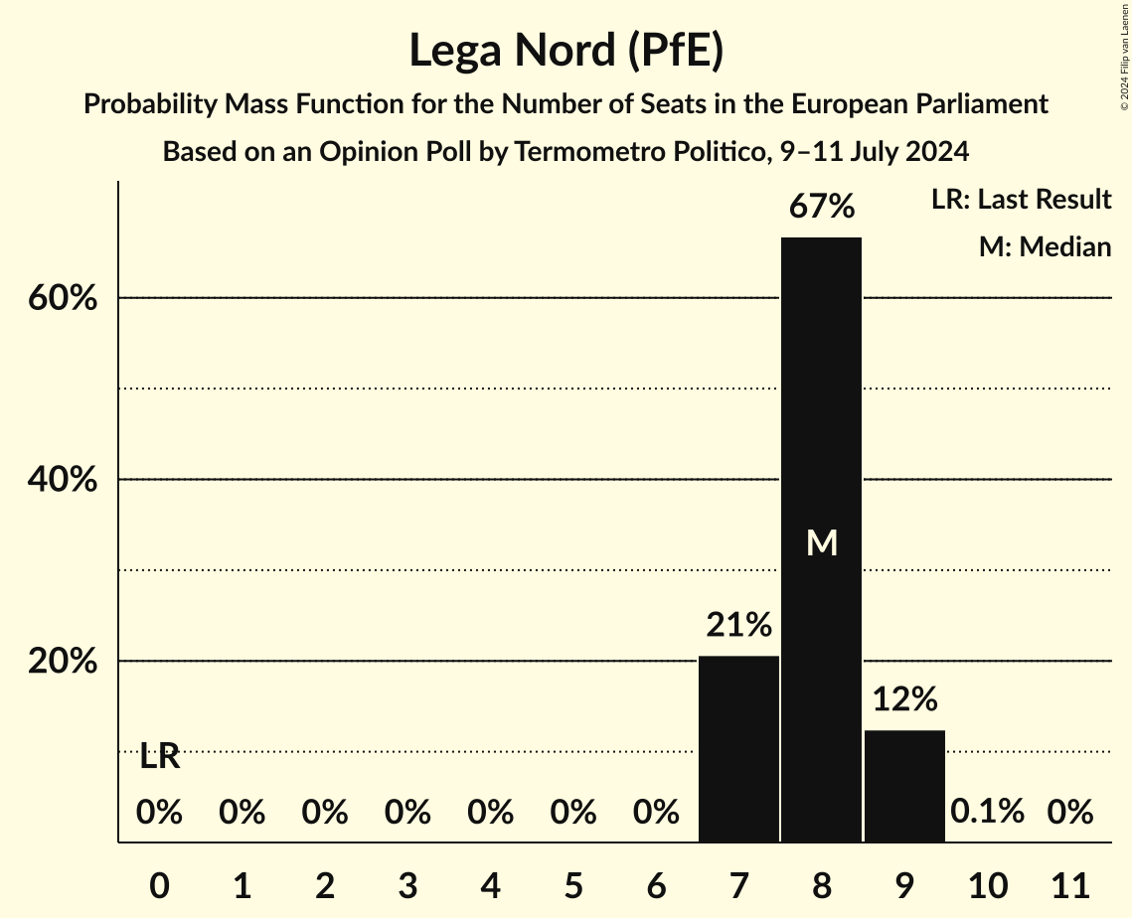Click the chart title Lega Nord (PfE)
[566, 50]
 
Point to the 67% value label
[821, 207]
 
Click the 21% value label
[738, 625]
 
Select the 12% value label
[904, 699]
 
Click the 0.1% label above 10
[987, 812]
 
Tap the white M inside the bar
[822, 542]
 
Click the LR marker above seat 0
[159, 757]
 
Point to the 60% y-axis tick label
[63, 298]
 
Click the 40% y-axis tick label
[63, 480]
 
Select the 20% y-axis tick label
[63, 662]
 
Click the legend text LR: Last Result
[1021, 200]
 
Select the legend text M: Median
[1045, 246]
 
